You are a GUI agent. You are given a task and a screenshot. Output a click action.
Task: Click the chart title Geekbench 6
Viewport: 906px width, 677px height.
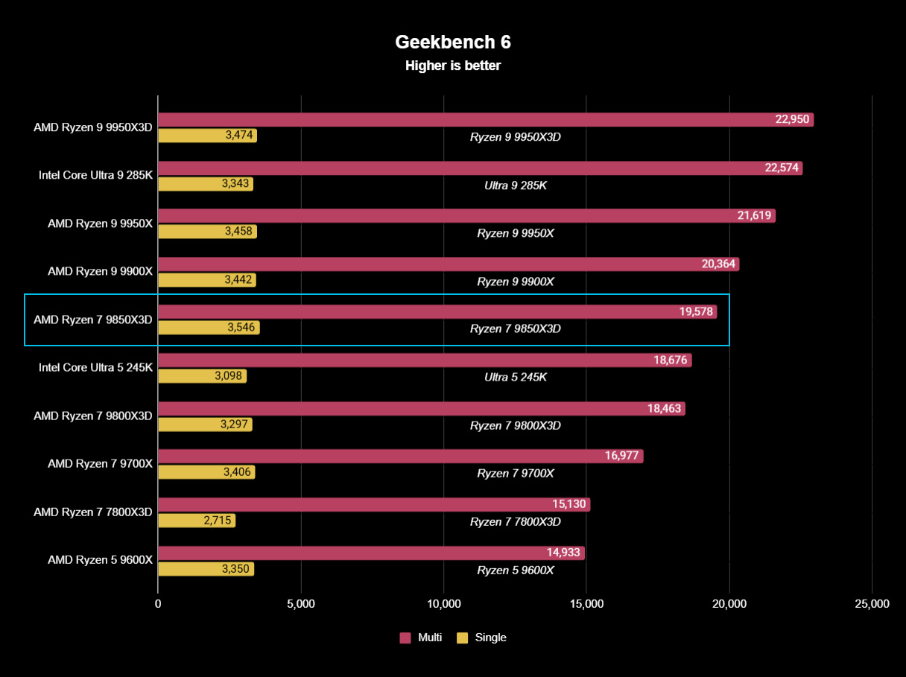point(452,42)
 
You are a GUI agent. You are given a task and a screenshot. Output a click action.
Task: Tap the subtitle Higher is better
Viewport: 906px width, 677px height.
point(452,66)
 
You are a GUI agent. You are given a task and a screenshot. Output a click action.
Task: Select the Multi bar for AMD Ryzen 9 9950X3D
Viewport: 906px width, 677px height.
point(462,119)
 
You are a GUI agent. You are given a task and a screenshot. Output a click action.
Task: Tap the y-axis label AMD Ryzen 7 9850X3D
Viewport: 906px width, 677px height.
point(92,320)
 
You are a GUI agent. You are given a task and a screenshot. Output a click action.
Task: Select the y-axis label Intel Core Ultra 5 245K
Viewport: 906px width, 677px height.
point(95,367)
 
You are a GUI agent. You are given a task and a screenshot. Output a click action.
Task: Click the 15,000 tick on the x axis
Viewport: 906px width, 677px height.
point(586,604)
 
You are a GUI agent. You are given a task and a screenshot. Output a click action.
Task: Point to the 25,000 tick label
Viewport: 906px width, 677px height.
point(872,604)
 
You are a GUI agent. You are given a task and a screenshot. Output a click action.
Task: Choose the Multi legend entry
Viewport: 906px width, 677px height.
point(421,638)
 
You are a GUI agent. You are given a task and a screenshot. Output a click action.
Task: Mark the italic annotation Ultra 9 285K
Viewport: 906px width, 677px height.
point(516,185)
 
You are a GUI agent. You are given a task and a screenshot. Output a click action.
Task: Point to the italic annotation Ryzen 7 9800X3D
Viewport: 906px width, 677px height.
point(516,426)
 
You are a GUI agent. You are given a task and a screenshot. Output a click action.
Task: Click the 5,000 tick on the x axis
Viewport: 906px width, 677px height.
point(301,604)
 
